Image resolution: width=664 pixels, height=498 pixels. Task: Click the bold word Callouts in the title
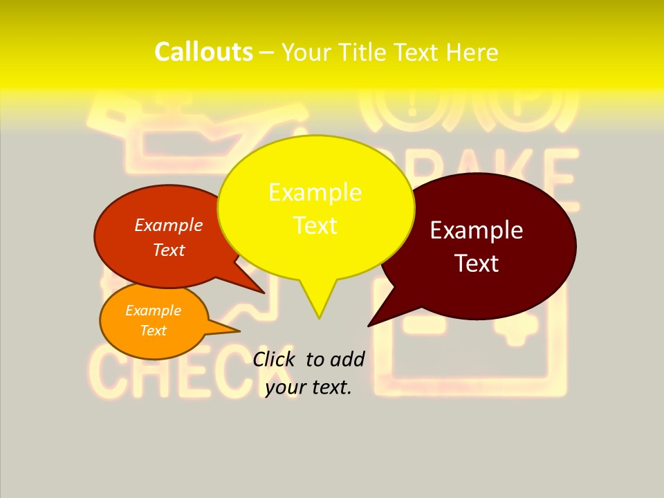click(x=203, y=52)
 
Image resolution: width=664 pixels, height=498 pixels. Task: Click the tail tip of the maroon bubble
click(x=369, y=325)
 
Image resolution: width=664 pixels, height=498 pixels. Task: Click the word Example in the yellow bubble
click(x=315, y=192)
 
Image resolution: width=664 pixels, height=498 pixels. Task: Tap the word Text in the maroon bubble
click(x=477, y=264)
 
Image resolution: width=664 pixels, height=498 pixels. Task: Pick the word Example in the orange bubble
click(x=153, y=311)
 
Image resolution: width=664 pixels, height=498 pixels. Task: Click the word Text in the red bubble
click(x=169, y=250)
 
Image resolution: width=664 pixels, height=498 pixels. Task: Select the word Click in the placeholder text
click(x=274, y=359)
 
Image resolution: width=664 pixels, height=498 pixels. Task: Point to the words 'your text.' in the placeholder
click(x=308, y=387)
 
